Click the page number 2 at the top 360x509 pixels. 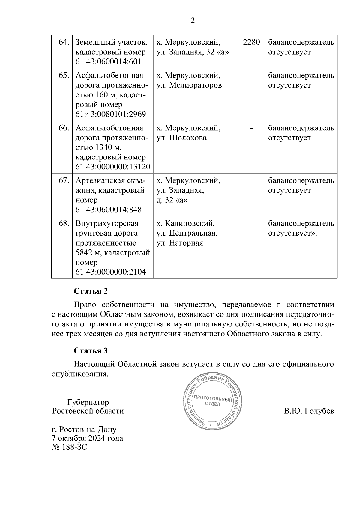click(193, 21)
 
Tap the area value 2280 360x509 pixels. click(251, 42)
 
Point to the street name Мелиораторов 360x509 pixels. click(195, 85)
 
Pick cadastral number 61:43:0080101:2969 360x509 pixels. click(110, 115)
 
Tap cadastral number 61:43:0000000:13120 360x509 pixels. click(113, 167)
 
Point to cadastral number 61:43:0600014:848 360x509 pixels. click(108, 210)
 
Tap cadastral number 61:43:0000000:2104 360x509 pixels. click(110, 272)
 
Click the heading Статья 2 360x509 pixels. click(91, 291)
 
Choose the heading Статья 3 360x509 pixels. click(91, 351)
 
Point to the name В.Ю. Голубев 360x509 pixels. click(309, 411)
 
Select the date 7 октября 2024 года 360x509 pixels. click(87, 438)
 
